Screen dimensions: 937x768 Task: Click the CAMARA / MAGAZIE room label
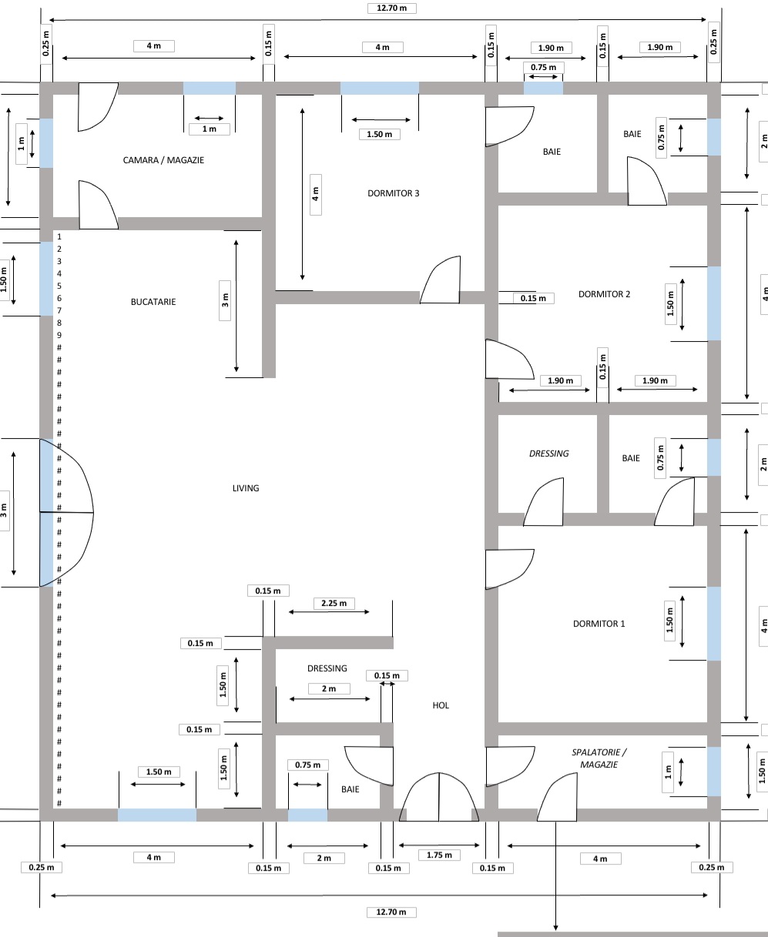(163, 160)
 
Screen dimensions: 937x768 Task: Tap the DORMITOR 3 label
(394, 193)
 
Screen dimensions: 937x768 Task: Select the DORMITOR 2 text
(604, 294)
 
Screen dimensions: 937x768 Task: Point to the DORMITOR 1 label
(599, 624)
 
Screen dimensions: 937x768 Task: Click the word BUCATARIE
(153, 302)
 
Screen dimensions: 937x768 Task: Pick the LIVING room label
(246, 488)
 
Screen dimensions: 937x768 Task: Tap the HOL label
(441, 705)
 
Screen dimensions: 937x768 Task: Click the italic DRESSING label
(548, 453)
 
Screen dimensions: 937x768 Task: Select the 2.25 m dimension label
(333, 603)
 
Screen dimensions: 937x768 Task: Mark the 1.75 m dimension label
(439, 855)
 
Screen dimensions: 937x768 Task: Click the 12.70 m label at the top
(391, 8)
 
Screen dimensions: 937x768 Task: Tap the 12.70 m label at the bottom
(391, 912)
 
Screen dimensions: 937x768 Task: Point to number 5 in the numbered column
(59, 286)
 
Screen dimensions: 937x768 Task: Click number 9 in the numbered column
(59, 335)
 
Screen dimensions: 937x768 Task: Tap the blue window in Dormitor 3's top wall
(380, 88)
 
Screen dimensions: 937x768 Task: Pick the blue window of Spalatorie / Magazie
(714, 771)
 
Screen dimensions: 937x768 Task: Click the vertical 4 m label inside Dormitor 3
(315, 194)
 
